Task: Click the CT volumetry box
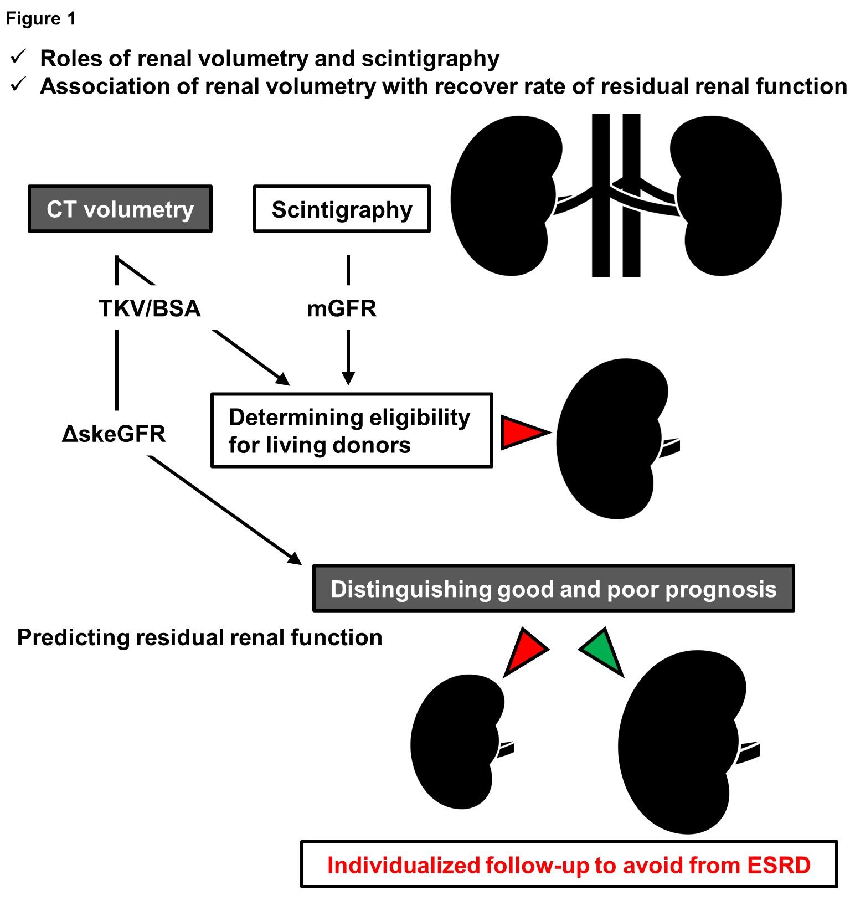(120, 209)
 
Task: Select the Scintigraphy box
(342, 209)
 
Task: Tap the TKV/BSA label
(150, 308)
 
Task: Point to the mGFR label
(342, 308)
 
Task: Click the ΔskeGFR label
(114, 434)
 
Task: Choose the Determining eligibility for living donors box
(352, 431)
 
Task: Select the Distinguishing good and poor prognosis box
(553, 589)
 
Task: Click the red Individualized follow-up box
(569, 864)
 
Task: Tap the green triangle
(603, 650)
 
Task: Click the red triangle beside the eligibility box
(523, 432)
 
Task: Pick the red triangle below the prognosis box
(525, 650)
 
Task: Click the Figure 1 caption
(40, 19)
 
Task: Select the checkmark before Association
(19, 85)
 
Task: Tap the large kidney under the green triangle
(681, 742)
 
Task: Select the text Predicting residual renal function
(199, 637)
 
